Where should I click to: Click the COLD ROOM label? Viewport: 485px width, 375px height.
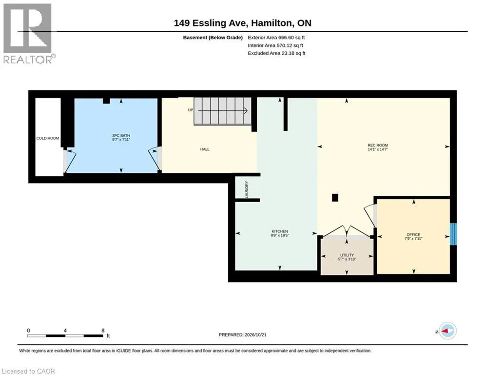click(48, 138)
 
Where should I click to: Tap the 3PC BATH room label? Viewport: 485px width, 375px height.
click(121, 135)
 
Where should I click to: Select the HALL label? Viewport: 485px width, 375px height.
click(205, 149)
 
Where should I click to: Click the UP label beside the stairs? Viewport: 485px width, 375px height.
click(191, 110)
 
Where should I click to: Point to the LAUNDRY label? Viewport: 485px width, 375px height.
click(247, 189)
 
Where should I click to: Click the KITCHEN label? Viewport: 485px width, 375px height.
click(280, 231)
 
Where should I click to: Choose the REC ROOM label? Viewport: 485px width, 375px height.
click(378, 145)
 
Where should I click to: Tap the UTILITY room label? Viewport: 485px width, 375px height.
click(347, 255)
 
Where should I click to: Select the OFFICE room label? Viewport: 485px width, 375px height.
click(413, 234)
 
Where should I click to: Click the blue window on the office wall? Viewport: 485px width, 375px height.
click(453, 234)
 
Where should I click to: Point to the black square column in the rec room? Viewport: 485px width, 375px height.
click(335, 197)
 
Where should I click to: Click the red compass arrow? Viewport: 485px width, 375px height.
click(446, 331)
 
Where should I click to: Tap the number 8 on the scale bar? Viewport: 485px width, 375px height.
click(103, 331)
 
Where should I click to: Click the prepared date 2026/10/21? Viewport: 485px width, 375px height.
click(255, 334)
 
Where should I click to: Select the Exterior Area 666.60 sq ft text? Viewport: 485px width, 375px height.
click(276, 38)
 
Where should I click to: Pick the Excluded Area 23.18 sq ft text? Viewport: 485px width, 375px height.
click(276, 53)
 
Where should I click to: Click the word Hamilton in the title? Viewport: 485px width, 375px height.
click(271, 23)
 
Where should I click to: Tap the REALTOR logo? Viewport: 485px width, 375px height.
click(29, 34)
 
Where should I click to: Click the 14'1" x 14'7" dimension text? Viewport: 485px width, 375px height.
click(378, 149)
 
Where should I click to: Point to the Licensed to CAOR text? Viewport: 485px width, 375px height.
click(28, 371)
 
